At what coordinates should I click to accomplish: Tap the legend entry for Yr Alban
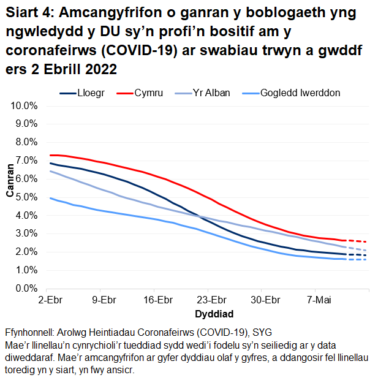[211, 93]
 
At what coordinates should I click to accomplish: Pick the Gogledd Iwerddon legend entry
[300, 93]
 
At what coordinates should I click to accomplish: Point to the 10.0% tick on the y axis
[26, 105]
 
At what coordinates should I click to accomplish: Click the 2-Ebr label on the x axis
[50, 301]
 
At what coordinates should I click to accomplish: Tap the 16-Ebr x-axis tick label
[157, 301]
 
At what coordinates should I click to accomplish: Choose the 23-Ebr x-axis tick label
[211, 301]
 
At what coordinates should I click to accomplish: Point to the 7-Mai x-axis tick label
[316, 301]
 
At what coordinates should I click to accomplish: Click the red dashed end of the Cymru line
[357, 241]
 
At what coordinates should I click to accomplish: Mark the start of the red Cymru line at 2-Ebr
[51, 155]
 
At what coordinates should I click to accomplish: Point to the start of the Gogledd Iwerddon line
[51, 198]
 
